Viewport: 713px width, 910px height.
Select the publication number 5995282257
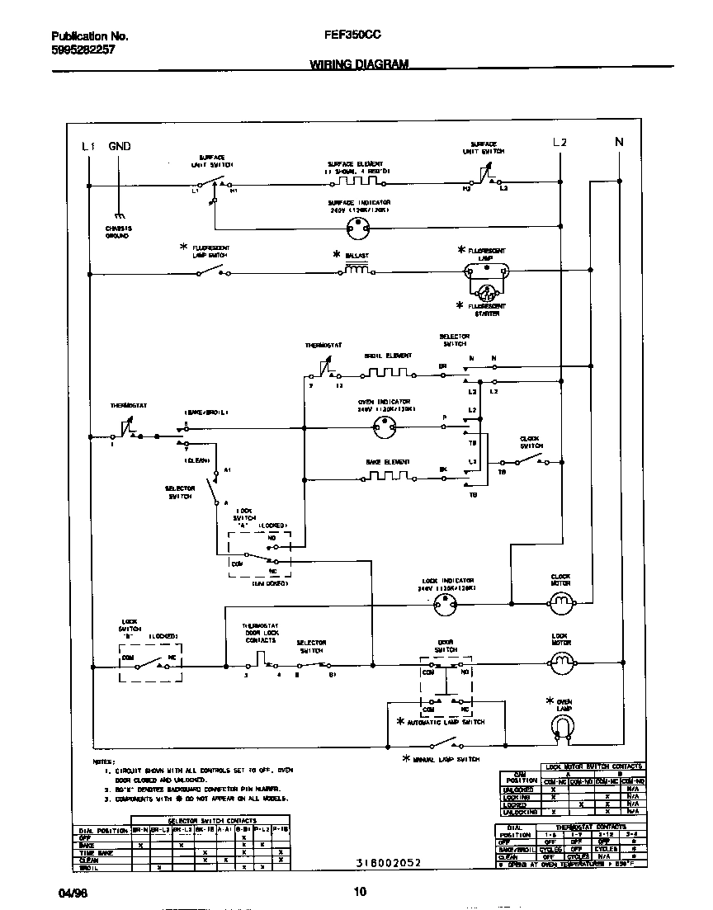coord(83,50)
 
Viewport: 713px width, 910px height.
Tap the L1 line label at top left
coord(88,146)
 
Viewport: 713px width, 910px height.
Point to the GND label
coord(120,146)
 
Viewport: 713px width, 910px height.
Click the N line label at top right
coord(619,142)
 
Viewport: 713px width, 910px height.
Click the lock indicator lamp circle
coord(446,605)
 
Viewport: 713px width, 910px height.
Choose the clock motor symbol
coord(561,605)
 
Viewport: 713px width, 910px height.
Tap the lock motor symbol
coord(561,661)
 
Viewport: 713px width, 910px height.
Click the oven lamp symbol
coord(562,726)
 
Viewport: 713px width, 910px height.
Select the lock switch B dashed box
coord(150,662)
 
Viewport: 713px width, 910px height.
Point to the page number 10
coord(360,891)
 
